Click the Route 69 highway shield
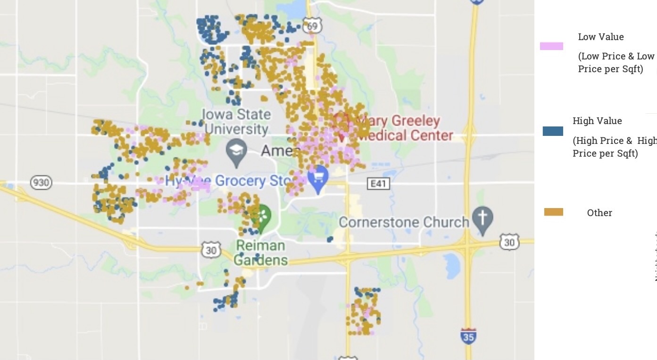(x=312, y=26)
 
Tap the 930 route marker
(x=41, y=182)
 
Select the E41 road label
(x=378, y=184)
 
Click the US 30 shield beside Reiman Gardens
(x=211, y=250)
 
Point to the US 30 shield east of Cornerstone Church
(x=509, y=243)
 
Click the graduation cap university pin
(x=236, y=151)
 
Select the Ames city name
(x=280, y=151)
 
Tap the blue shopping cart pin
(x=318, y=178)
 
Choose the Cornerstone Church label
(x=404, y=222)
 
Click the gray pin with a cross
(x=482, y=218)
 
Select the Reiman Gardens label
(x=260, y=253)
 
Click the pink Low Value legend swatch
(x=551, y=46)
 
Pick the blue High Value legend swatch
(x=553, y=131)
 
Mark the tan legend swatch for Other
(x=554, y=212)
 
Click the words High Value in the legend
(x=597, y=121)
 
